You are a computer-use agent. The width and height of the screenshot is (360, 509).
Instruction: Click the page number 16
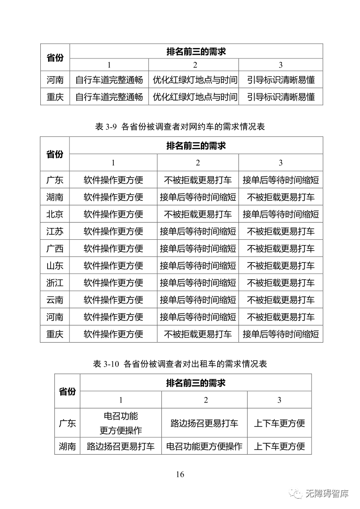180,474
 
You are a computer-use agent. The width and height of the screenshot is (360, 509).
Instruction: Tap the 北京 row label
55,214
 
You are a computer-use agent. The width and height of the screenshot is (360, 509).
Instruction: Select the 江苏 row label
55,231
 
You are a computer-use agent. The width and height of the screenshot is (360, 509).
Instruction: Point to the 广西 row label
55,248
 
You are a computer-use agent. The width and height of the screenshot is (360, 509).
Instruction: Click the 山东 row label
55,266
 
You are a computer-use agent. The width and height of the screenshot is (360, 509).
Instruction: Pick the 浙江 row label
55,283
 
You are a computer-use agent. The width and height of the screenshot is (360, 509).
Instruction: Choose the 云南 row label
55,300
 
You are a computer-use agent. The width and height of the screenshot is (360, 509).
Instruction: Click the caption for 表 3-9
180,127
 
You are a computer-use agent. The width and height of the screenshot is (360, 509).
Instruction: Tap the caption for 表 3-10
180,364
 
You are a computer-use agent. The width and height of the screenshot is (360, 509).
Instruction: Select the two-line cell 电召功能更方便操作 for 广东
121,423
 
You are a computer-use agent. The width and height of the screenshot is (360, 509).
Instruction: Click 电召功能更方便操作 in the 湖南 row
204,446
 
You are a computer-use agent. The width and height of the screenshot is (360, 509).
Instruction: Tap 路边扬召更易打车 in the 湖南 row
121,446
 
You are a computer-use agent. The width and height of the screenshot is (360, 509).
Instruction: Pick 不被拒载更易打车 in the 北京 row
198,214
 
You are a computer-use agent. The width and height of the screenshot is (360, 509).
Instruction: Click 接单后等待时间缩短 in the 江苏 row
198,231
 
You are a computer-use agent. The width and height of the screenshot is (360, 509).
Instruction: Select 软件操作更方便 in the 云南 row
113,300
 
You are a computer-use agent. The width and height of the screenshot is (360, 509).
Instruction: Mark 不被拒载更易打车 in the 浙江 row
281,283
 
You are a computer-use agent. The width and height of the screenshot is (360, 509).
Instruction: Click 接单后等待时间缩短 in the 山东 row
198,266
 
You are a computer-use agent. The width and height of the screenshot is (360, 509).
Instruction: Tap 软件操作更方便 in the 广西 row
113,248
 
